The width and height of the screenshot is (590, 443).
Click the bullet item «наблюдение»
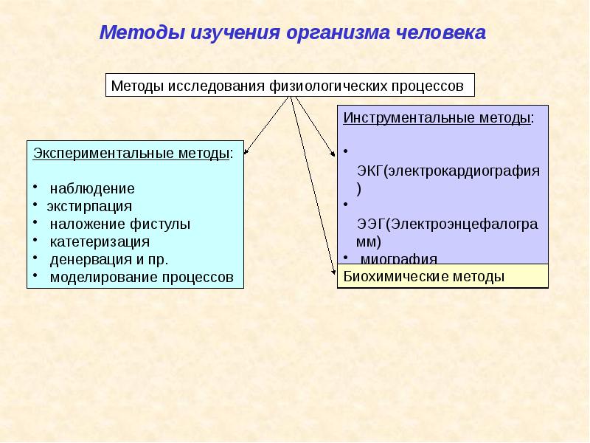(92, 188)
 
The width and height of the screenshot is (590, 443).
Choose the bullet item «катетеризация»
(100, 241)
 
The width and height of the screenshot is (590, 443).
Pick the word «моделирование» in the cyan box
(94, 278)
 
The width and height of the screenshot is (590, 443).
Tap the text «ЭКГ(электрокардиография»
(448, 171)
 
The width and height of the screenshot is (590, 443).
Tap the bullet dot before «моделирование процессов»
(35, 275)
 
